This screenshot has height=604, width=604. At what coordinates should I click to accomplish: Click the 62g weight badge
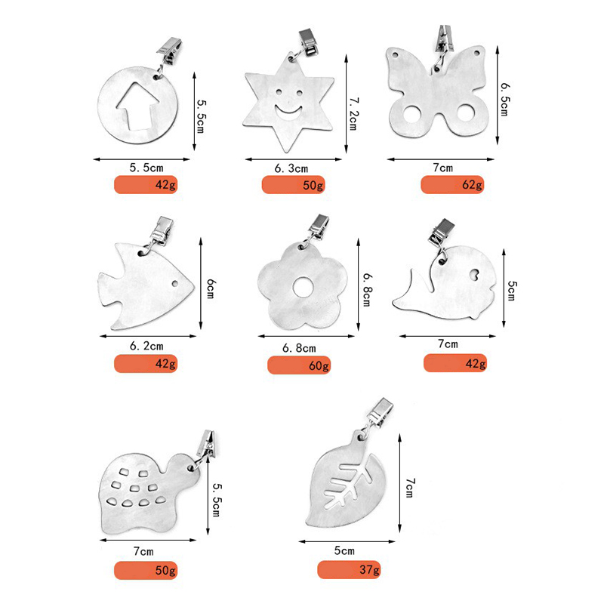coord(451,184)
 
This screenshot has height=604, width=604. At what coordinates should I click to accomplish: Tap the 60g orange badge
coord(299,365)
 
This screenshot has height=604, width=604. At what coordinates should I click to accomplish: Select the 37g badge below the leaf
coord(349,569)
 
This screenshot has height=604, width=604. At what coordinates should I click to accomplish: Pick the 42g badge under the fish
coord(146,363)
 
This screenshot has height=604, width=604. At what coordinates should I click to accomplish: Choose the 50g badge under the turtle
coord(146,570)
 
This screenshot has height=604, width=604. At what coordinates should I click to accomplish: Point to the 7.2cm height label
coord(353,114)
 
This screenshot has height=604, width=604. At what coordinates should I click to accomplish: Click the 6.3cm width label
coord(291,168)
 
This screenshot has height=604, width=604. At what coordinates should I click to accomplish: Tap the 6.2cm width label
coord(146,346)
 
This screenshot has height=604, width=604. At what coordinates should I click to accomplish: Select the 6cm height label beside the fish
coord(210,288)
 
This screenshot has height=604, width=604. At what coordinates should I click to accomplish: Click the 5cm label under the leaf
coord(344,550)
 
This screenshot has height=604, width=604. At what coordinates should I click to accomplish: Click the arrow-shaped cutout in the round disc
coord(138,106)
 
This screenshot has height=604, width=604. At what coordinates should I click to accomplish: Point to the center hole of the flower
coord(304,288)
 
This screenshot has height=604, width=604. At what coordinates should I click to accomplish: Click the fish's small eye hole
coord(175,284)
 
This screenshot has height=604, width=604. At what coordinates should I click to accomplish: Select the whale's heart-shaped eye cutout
coord(474,274)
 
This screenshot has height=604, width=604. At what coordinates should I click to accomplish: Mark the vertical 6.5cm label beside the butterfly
coord(504,99)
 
